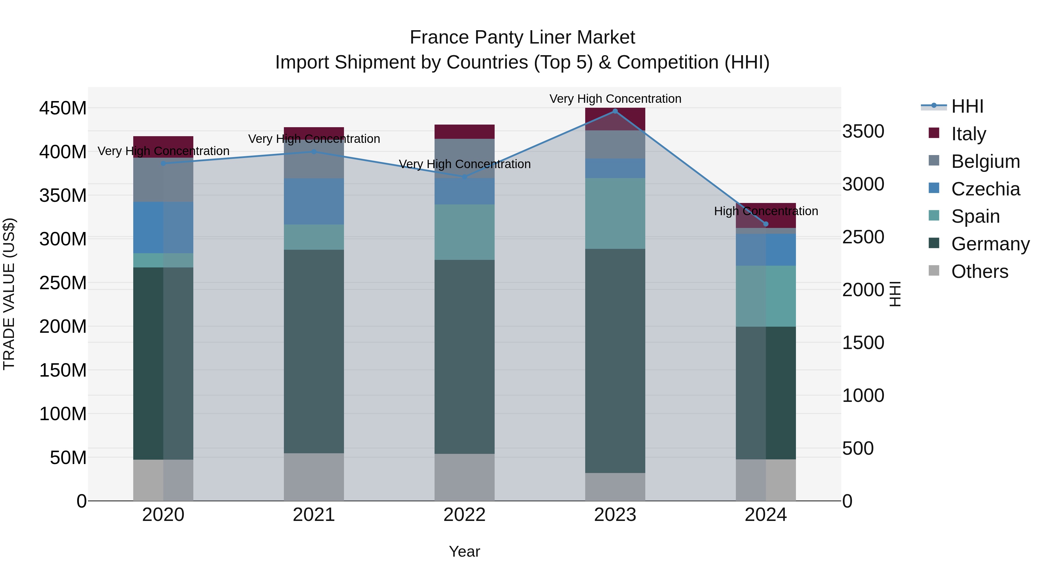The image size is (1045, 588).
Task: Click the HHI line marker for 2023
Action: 615,111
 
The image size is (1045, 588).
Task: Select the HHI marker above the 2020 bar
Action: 163,163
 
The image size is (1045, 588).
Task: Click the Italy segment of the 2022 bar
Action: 464,132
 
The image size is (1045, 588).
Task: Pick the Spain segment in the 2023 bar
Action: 615,213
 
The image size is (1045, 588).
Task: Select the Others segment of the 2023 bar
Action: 615,487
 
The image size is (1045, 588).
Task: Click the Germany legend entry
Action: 990,244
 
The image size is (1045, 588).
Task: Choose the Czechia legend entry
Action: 985,189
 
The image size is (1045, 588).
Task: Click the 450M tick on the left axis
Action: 63,108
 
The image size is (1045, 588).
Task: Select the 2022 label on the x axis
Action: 464,515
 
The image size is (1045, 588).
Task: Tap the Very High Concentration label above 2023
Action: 615,99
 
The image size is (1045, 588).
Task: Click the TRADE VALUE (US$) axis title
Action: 9,294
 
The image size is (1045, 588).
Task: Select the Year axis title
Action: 464,551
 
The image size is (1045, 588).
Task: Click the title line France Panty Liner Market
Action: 522,37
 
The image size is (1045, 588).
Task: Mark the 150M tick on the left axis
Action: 63,371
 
